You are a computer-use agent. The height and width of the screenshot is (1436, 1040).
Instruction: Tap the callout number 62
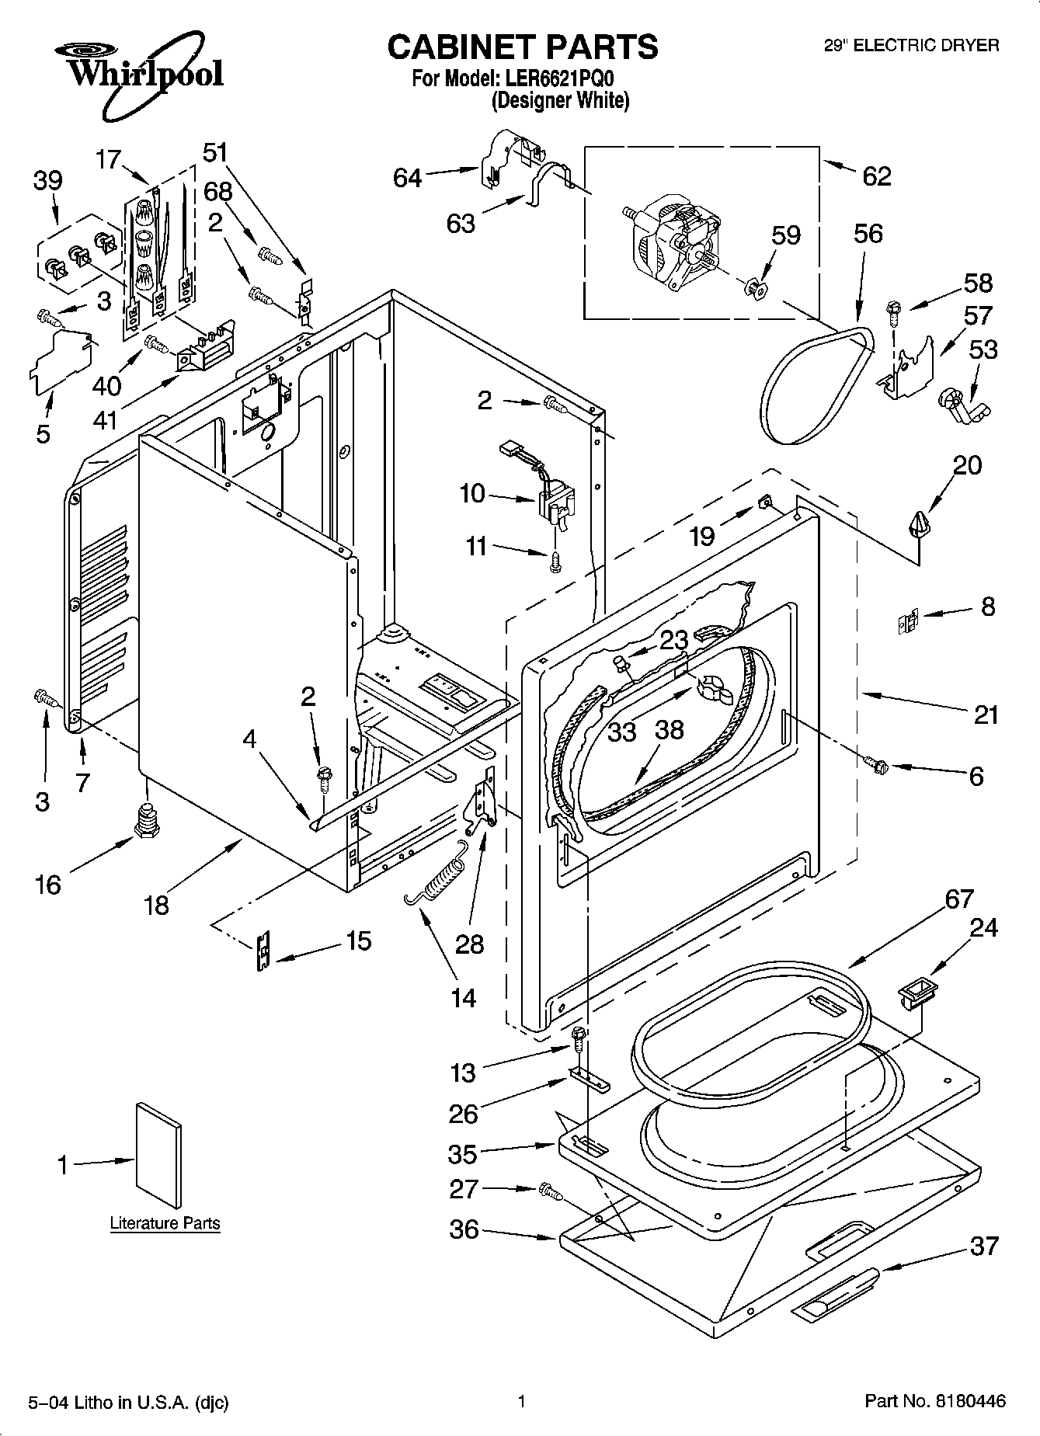[876, 176]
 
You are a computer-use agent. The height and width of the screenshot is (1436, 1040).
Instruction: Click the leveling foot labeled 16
[146, 820]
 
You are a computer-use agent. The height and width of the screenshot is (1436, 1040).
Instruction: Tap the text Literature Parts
[165, 1223]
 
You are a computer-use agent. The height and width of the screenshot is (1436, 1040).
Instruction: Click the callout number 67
[958, 899]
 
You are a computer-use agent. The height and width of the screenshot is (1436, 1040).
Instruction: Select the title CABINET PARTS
[522, 47]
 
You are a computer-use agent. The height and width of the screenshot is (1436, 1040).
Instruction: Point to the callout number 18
[156, 905]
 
